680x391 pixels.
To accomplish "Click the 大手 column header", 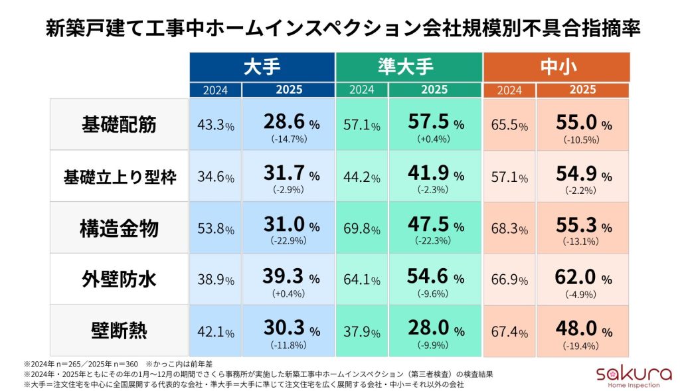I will [x=262, y=67].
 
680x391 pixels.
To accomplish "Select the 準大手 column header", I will [x=408, y=67].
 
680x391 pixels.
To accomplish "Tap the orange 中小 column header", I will [x=556, y=67].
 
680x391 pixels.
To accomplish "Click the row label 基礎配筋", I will [x=120, y=125].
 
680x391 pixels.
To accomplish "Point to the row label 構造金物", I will [x=120, y=228].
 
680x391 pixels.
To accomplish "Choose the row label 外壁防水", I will [x=120, y=279].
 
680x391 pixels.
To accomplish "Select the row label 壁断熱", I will [x=120, y=330].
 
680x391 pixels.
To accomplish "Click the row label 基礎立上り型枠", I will [x=120, y=177].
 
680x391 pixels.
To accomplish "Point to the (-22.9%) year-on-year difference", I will [x=288, y=240].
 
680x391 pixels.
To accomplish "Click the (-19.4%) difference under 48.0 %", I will [x=582, y=344].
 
